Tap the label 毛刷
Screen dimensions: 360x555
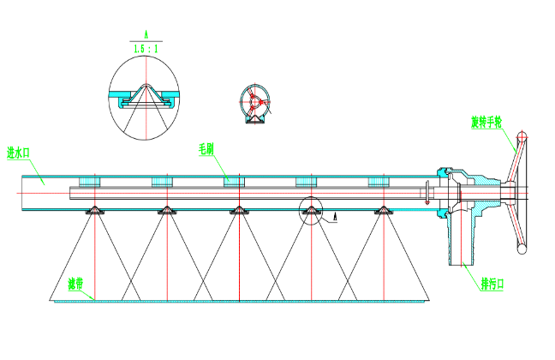206,148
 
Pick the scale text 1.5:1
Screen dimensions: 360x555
146,51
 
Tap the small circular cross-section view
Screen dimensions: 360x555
254,103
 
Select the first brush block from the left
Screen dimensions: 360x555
89,182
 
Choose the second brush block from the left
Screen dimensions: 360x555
163,182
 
